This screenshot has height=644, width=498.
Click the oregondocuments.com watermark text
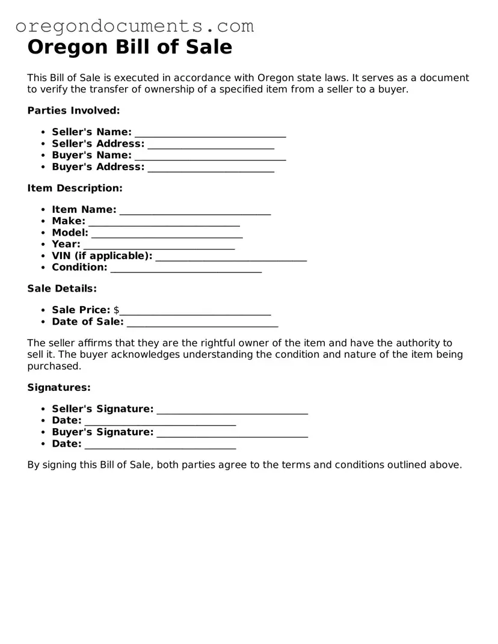click(135, 26)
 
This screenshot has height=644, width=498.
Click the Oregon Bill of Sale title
click(130, 47)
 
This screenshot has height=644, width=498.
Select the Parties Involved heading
click(73, 111)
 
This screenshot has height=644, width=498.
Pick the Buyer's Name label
click(91, 155)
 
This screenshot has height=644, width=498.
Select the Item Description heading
click(75, 188)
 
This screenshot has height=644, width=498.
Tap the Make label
click(69, 221)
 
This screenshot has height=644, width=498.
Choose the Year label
click(66, 244)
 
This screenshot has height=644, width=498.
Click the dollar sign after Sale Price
click(116, 310)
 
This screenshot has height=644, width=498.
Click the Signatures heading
click(59, 388)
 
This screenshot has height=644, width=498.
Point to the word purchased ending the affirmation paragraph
click(54, 366)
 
